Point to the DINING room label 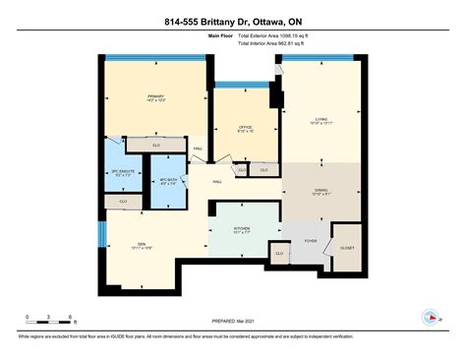tap(321, 191)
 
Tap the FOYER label tap(311, 239)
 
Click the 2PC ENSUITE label tap(123, 173)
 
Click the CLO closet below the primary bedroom tap(156, 146)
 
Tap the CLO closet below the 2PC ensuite tap(123, 201)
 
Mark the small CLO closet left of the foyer tap(280, 253)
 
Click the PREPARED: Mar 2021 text tap(233, 321)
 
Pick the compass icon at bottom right tap(430, 317)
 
